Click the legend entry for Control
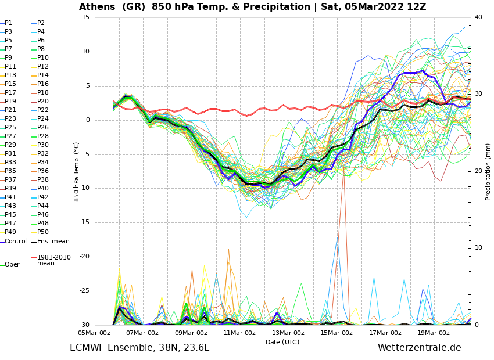coord(16,242)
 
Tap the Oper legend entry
coord(12,265)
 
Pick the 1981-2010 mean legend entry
coord(53,260)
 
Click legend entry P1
coord(8,23)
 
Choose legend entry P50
coord(43,232)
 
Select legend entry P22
coord(43,110)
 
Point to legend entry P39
coord(10,189)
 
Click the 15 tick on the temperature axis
coord(85,17)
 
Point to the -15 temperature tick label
coord(84,222)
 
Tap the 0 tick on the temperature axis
coord(87,120)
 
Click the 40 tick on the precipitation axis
coord(478,17)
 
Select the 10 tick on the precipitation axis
coord(478,248)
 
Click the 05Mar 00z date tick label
coord(94,333)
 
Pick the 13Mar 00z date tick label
coord(288,333)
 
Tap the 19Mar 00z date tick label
coord(434,333)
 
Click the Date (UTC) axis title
coord(282,342)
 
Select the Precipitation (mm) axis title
coord(488,171)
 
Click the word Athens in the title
coord(99,7)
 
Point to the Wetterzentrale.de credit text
coord(419,348)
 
